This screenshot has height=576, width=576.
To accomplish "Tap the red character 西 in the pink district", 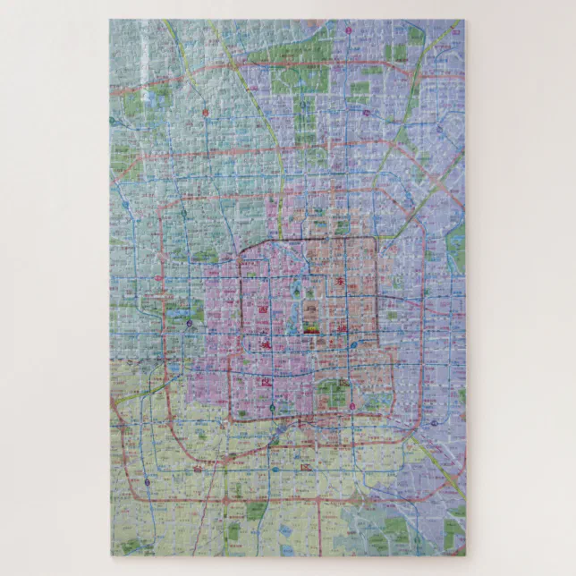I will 263,309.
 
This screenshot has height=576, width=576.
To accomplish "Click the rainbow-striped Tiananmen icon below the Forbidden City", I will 310,329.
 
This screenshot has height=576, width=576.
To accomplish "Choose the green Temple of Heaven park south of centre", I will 334,394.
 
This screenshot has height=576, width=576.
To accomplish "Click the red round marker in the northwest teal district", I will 205,114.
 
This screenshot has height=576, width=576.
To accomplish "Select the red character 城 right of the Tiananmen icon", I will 343,333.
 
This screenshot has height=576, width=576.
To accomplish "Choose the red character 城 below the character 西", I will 266,381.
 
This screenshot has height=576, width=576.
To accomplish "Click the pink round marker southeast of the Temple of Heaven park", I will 352,407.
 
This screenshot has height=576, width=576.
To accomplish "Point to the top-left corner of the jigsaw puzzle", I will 111,21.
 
